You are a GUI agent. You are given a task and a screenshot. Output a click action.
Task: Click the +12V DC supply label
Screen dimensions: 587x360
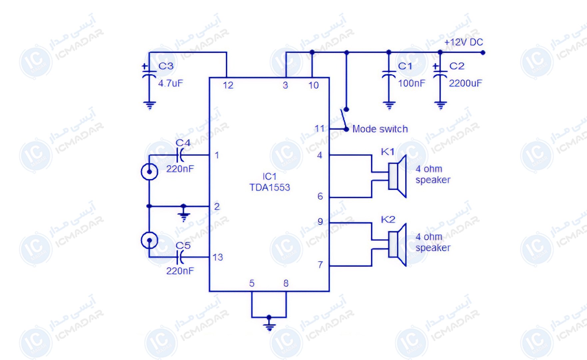pos(464,42)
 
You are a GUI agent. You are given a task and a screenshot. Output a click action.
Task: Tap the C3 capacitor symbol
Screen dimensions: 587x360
pos(149,74)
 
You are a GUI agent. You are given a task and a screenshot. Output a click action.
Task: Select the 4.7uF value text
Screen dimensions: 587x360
pos(171,83)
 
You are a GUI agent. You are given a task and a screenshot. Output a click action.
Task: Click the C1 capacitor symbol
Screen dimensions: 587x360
pos(388,74)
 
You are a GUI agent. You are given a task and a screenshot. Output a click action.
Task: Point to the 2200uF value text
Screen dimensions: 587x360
pos(465,83)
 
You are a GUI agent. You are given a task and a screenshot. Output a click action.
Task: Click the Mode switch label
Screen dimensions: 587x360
pos(380,129)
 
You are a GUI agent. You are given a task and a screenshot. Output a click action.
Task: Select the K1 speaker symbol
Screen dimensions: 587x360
pos(397,176)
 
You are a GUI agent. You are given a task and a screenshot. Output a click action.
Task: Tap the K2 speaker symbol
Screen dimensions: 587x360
pos(397,245)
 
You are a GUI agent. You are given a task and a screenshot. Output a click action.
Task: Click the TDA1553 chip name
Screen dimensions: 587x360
pos(270,187)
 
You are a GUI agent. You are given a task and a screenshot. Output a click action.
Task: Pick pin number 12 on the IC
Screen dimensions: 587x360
pos(228,85)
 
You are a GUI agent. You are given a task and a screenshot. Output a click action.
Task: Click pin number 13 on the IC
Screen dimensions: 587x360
pos(218,257)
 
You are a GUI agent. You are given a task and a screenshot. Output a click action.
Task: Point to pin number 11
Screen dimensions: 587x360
pos(319,128)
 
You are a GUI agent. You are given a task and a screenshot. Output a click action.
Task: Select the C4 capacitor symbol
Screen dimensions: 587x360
pos(181,155)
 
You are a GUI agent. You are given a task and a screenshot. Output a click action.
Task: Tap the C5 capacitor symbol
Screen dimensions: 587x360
pos(181,257)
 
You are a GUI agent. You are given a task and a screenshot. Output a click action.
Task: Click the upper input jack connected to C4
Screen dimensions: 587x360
pos(149,172)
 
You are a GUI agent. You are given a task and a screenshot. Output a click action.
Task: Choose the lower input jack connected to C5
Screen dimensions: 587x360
pos(149,240)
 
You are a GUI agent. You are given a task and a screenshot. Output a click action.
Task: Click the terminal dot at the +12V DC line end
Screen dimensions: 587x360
pos(483,52)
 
